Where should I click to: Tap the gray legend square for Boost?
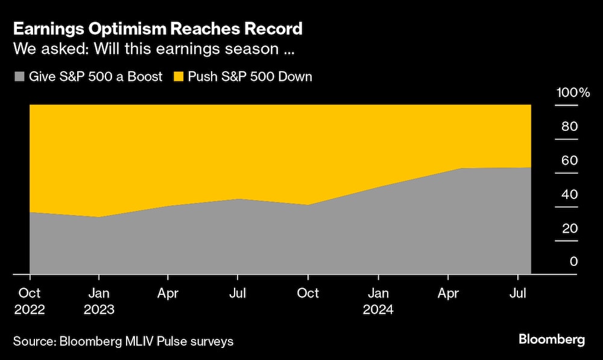pos(19,77)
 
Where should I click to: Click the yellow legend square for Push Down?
pos(178,77)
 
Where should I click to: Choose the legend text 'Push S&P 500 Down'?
pos(250,77)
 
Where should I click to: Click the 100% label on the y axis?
pos(573,93)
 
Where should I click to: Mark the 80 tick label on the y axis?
pos(570,127)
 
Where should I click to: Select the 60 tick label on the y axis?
pos(570,160)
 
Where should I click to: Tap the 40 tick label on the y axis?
pos(570,194)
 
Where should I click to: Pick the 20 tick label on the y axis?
pos(570,228)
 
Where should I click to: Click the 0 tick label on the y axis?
pos(573,262)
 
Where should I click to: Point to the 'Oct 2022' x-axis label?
pos(30,301)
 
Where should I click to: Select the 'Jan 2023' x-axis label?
pos(99,301)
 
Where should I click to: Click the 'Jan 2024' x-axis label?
pos(378,301)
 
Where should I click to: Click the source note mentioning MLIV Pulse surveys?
pos(123,341)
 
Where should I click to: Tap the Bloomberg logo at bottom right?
pos(552,339)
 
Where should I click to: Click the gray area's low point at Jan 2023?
pos(99,218)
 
